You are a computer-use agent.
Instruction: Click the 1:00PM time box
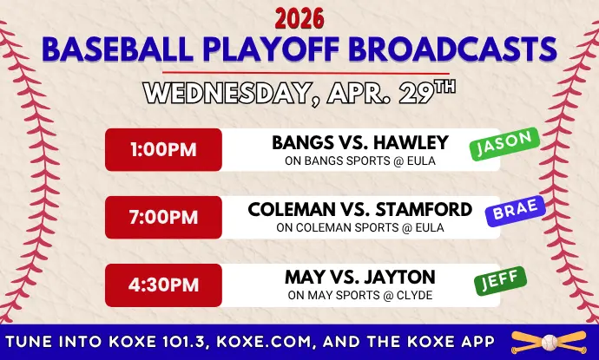[163, 149]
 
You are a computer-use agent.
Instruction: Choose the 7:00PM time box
[163, 217]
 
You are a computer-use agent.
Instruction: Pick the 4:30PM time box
[163, 285]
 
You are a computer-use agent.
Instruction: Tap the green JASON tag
[504, 144]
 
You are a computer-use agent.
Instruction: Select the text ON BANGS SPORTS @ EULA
[360, 160]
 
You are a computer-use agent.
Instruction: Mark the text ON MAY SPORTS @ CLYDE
[360, 296]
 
